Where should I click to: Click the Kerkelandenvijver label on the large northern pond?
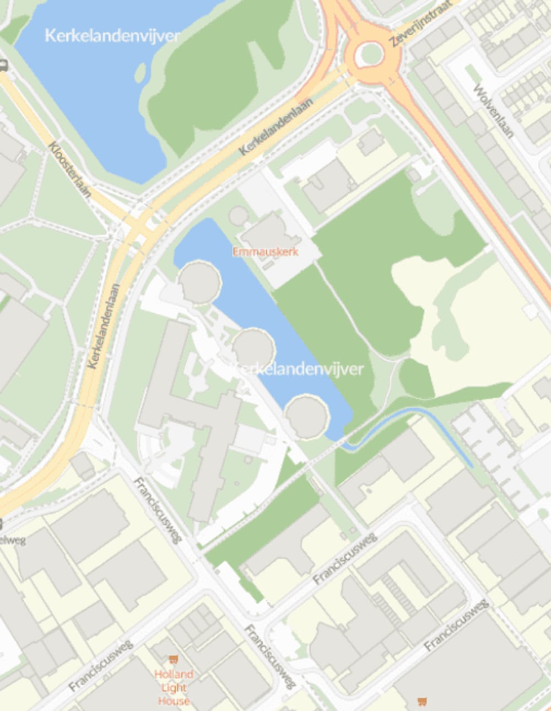[112, 36]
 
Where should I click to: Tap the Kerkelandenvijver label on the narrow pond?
[297, 369]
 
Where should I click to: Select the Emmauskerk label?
[265, 252]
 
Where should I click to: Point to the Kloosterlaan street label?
[69, 169]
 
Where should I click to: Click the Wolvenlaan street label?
[493, 110]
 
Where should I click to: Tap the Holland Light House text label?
[174, 687]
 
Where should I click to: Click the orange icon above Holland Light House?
[174, 659]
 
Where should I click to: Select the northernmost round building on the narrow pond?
[199, 281]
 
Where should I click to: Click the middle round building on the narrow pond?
[253, 348]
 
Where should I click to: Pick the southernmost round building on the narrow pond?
[306, 416]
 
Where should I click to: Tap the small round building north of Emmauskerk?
[238, 216]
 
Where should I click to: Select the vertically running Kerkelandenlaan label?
[103, 326]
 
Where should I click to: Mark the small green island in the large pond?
[141, 71]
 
